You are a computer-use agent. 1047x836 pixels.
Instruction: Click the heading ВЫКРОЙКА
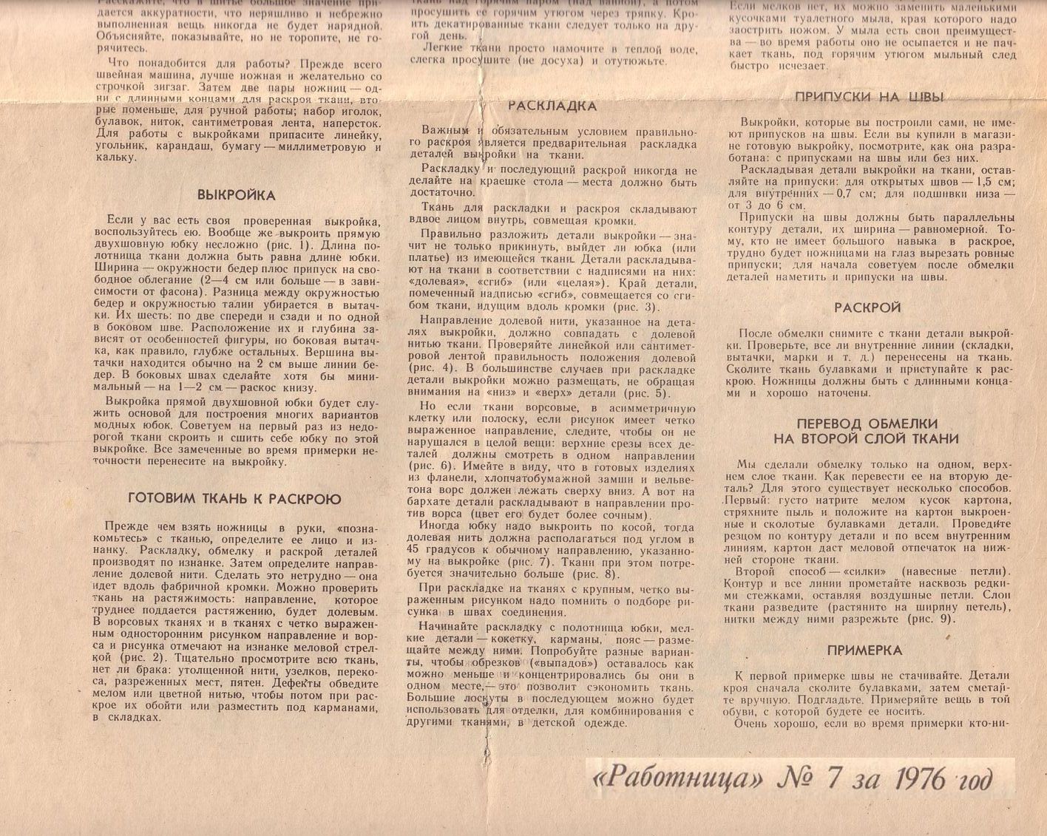[x=236, y=195]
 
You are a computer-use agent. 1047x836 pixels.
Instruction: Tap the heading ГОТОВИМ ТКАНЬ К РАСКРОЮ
[x=234, y=499]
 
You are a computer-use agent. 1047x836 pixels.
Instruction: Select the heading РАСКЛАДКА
[x=552, y=106]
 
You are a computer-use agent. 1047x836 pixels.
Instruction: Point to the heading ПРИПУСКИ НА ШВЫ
[x=869, y=97]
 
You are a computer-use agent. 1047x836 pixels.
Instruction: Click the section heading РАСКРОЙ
[x=867, y=307]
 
